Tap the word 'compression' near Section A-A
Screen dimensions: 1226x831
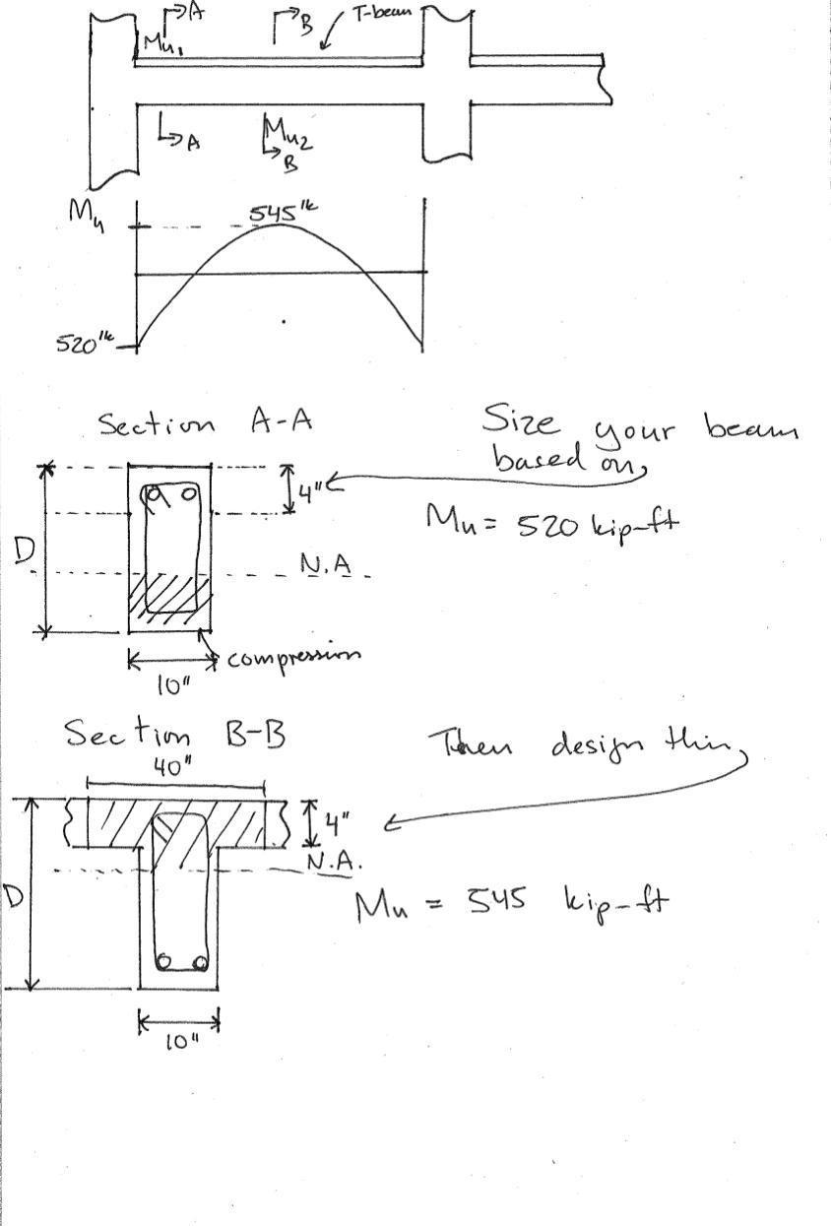click(293, 656)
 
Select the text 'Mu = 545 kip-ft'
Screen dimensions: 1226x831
click(511, 901)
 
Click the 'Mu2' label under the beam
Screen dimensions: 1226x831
click(288, 135)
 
